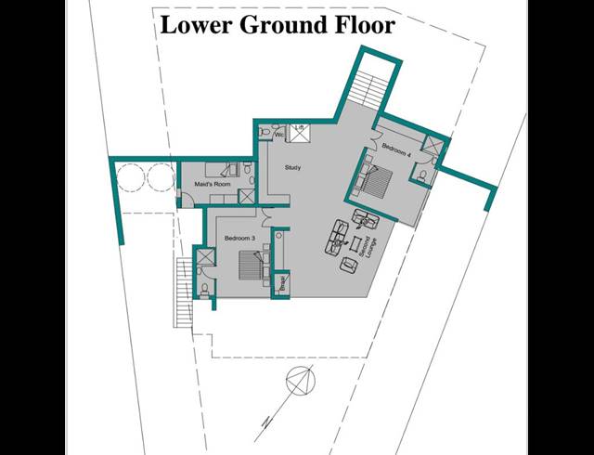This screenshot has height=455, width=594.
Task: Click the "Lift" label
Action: [x=300, y=126]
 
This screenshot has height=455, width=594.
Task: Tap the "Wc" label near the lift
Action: [x=278, y=133]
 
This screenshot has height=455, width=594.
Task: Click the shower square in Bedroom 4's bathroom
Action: [x=433, y=147]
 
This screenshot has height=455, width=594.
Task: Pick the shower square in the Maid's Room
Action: [x=245, y=196]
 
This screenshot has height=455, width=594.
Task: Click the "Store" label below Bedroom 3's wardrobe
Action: [x=282, y=284]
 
